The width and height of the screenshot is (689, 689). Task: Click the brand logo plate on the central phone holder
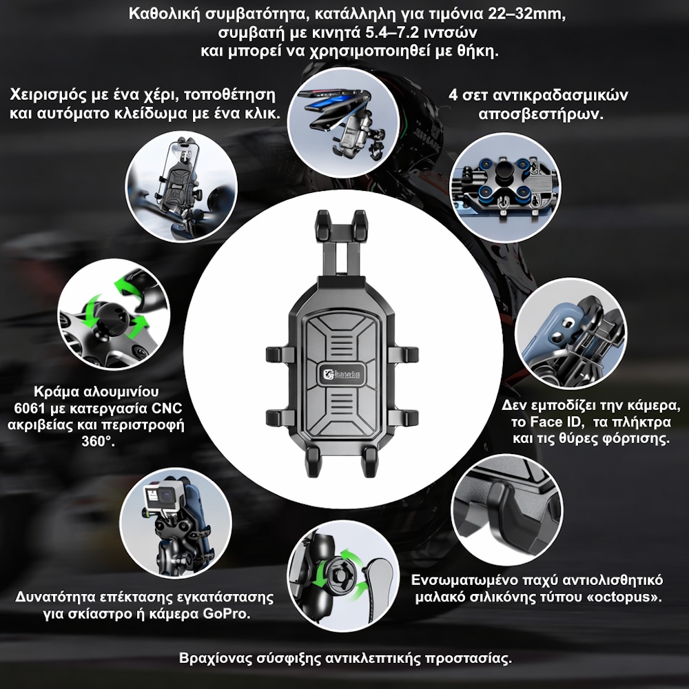point(342,374)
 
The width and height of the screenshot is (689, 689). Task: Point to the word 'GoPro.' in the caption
point(226,613)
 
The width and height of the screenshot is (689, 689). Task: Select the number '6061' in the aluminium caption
point(30,409)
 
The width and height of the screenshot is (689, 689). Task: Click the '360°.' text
point(98,441)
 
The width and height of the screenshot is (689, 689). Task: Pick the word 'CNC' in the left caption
point(167,409)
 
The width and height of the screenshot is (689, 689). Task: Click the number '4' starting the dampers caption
point(453,95)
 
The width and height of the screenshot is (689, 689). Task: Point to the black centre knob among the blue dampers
point(504,173)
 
